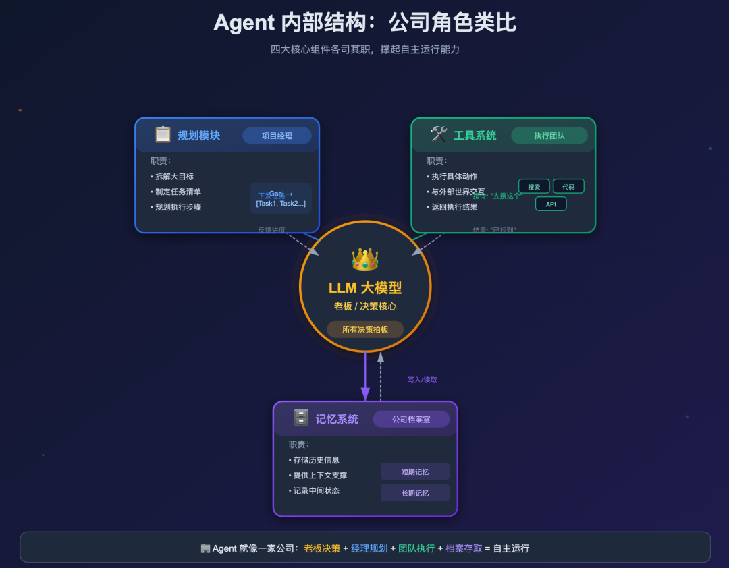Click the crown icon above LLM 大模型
[x=365, y=259]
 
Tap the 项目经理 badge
[x=277, y=136]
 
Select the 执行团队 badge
[x=549, y=136]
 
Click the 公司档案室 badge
[x=411, y=420]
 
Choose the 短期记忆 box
[x=414, y=472]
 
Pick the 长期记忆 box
[x=414, y=493]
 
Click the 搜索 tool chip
[x=534, y=186]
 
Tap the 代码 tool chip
[x=568, y=186]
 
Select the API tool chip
[x=551, y=204]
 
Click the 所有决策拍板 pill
[x=365, y=329]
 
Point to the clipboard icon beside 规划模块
[x=163, y=135]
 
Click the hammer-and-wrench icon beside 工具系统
[x=439, y=135]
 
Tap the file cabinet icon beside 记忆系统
[x=301, y=418]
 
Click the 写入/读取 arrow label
[x=422, y=380]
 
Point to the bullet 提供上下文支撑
[x=320, y=476]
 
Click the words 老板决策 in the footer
[x=322, y=548]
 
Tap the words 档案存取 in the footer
[x=464, y=548]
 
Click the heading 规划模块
[x=198, y=136]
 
